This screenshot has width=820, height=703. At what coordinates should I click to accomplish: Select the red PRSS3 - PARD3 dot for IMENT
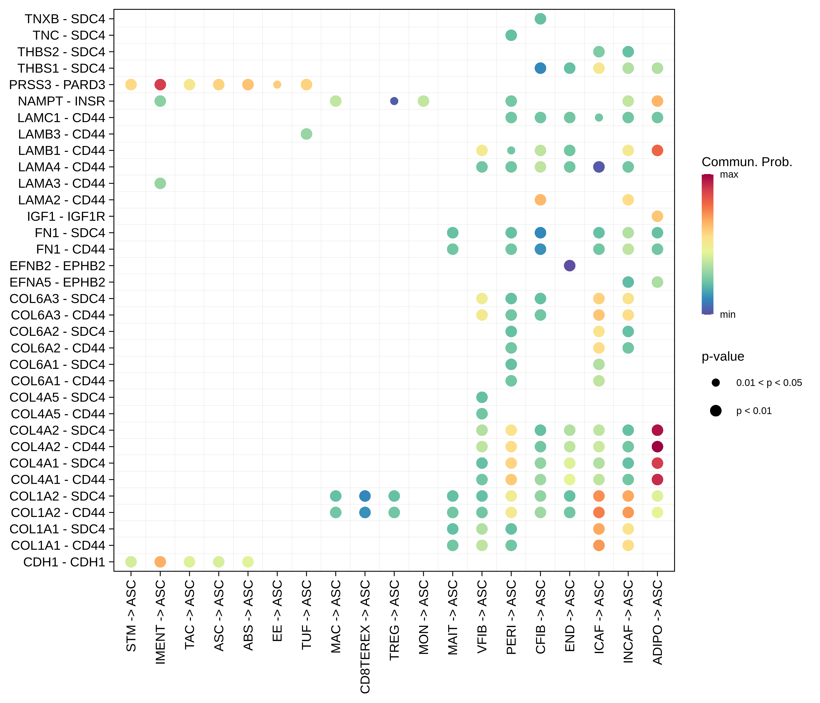pyautogui.click(x=160, y=84)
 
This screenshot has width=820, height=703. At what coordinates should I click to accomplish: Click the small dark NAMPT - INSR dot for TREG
pyautogui.click(x=394, y=101)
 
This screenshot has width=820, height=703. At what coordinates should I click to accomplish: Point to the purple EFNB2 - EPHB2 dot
pyautogui.click(x=570, y=265)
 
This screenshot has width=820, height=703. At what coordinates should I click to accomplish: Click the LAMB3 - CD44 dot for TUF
pyautogui.click(x=306, y=134)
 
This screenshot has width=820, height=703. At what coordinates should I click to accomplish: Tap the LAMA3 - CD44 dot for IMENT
pyautogui.click(x=160, y=183)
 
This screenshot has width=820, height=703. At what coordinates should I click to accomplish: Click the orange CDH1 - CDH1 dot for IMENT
pyautogui.click(x=160, y=562)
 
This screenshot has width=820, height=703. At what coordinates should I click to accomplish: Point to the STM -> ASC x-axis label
pyautogui.click(x=131, y=616)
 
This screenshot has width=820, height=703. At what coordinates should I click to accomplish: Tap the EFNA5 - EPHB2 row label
pyautogui.click(x=57, y=282)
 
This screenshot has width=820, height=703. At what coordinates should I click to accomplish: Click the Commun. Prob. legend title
pyautogui.click(x=747, y=162)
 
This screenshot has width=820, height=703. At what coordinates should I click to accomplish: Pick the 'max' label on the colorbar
pyautogui.click(x=729, y=175)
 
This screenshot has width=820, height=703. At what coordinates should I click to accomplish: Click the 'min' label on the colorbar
pyautogui.click(x=727, y=315)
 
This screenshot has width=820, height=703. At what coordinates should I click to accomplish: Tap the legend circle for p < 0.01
pyautogui.click(x=716, y=411)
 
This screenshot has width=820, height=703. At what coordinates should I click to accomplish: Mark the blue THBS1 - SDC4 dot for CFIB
pyautogui.click(x=540, y=68)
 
